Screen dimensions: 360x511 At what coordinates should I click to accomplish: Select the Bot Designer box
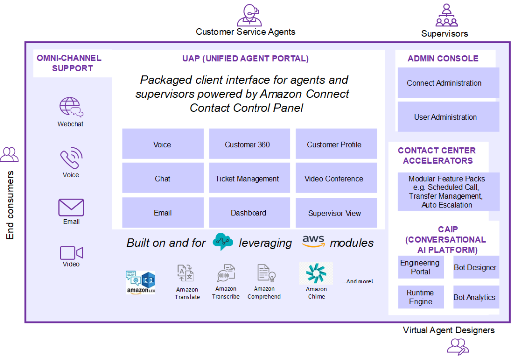pyautogui.click(x=475, y=267)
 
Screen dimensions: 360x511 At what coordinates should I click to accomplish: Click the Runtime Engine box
pyautogui.click(x=421, y=297)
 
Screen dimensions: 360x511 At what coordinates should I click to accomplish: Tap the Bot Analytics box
pyautogui.click(x=475, y=297)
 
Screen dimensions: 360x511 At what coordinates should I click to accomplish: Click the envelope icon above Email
pyautogui.click(x=71, y=207)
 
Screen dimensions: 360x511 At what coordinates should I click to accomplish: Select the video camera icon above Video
pyautogui.click(x=71, y=253)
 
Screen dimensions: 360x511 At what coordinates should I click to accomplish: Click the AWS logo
pyautogui.click(x=314, y=241)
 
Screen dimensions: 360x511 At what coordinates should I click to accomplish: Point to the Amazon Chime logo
pyautogui.click(x=316, y=273)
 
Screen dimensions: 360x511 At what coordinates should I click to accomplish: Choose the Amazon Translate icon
pyautogui.click(x=187, y=274)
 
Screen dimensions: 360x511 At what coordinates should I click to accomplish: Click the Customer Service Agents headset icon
pyautogui.click(x=249, y=15)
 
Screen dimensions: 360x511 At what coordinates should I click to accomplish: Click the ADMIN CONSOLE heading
pyautogui.click(x=443, y=58)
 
